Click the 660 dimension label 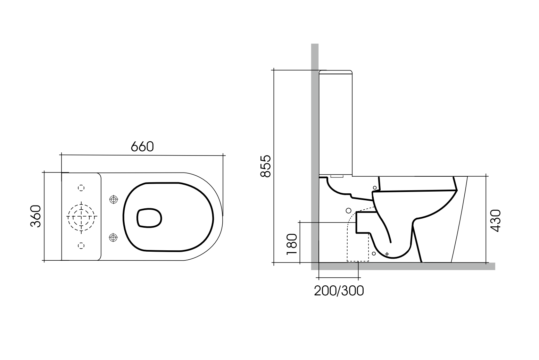142,147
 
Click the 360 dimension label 36,216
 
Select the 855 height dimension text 266,166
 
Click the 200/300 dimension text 339,291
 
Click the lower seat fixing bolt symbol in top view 113,237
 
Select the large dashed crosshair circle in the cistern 81,217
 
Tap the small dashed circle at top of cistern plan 81,188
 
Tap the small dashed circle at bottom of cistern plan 81,245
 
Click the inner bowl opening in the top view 150,218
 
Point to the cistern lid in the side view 335,72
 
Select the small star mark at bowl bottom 387,254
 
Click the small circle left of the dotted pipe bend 348,210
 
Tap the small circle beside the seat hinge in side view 375,188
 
